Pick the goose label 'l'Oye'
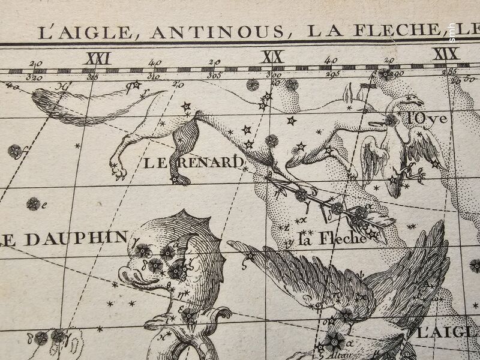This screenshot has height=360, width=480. tap(427, 119)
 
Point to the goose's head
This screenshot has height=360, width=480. tap(410, 98)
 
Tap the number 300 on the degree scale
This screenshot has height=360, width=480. tap(275, 76)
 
